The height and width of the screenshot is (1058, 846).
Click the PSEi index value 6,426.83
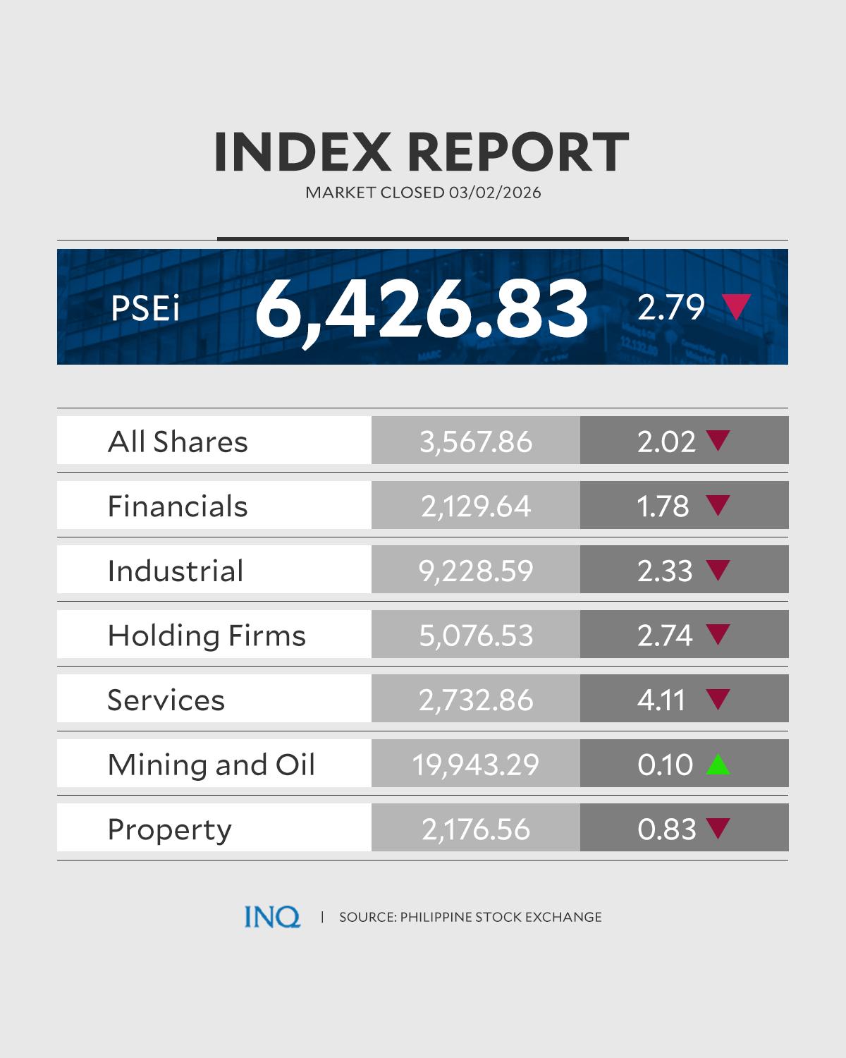pos(421,308)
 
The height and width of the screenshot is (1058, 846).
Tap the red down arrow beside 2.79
pos(735,308)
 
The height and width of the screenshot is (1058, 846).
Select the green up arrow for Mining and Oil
pos(718,764)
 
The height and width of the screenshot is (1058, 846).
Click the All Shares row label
pos(178,442)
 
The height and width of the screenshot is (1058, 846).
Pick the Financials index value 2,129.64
pos(476,506)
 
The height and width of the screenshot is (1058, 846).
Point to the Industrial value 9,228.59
pos(476,571)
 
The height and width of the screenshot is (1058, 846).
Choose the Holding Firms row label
pos(207,635)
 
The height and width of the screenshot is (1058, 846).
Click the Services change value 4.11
pos(661,700)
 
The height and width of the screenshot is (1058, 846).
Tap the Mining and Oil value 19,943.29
pos(476,765)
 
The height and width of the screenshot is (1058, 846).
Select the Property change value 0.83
pos(666,829)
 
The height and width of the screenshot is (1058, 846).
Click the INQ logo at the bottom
pos(272,917)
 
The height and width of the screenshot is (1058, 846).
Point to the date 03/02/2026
pos(494,193)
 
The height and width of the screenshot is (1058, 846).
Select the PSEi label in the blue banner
pos(145,308)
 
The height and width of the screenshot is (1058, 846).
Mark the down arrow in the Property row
pos(718,828)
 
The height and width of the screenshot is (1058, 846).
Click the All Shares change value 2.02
pos(666,442)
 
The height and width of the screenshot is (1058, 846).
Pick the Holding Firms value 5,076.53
pos(476,636)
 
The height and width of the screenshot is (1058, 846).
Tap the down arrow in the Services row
pos(718,699)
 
